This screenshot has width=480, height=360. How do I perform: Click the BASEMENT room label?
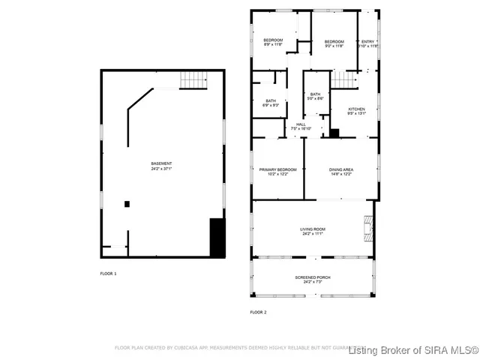pos(161,163)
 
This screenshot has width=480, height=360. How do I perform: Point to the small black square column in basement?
pos(127,203)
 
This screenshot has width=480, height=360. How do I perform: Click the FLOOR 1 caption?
pos(109,274)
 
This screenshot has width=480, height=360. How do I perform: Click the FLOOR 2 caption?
pos(258,312)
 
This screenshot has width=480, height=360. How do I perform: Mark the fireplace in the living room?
pos(367,224)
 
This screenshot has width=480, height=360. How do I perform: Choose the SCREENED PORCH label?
pos(313,277)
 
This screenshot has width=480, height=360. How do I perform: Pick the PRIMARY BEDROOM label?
pos(277,169)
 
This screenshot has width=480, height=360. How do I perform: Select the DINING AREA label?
pos(340,169)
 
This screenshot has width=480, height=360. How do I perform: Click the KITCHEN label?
pos(356,109)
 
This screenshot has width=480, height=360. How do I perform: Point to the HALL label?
pos(300,124)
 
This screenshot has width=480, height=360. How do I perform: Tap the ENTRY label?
pos(367,41)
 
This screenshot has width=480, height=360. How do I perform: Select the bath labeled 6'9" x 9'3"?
pos(271,100)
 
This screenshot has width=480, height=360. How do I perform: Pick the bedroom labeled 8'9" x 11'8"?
pos(272,40)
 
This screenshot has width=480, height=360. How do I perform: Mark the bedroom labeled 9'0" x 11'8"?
pos(334,41)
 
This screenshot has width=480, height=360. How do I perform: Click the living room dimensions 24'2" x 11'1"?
pos(313,233)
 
